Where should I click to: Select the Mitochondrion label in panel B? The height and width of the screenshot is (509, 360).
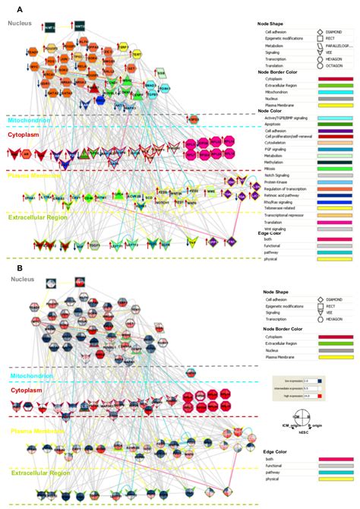pos(30,375)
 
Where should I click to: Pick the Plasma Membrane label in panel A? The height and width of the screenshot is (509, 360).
pos(32,175)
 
